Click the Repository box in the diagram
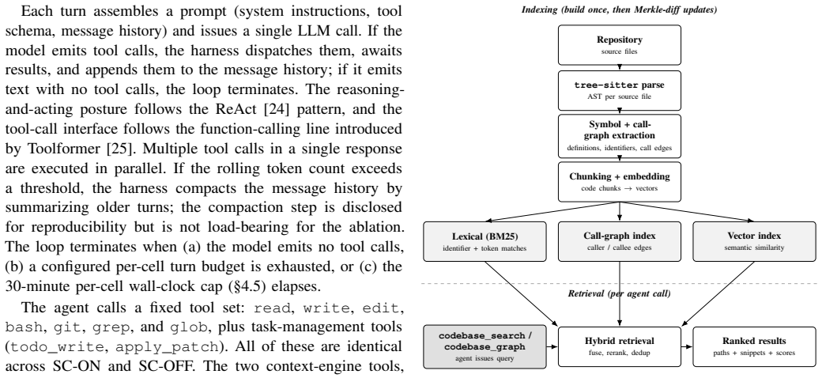619,45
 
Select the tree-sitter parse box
619,90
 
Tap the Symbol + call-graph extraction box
619,136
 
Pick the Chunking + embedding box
619,181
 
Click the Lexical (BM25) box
485,241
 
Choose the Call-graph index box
619,241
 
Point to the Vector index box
754,241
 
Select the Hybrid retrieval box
619,346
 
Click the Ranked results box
754,346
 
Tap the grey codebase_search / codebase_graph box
485,346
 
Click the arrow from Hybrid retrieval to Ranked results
687,346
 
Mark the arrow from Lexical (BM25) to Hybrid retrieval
522,293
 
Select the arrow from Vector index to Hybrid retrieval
717,293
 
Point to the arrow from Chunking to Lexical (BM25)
552,212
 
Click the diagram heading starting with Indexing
619,9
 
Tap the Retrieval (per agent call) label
619,293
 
